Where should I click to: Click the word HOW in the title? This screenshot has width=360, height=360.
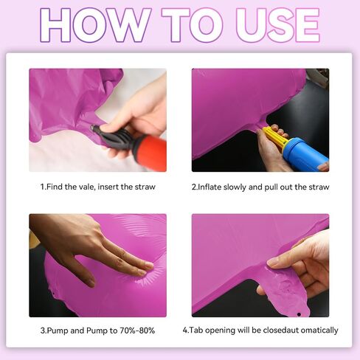(95, 25)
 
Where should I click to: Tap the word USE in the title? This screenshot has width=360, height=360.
(277, 25)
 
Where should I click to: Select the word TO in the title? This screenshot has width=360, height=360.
(192, 25)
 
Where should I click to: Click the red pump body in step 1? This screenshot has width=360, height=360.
(149, 153)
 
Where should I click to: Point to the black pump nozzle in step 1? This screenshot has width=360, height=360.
(113, 137)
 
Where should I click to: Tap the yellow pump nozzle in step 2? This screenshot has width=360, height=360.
(275, 137)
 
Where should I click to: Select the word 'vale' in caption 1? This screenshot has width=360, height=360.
(86, 187)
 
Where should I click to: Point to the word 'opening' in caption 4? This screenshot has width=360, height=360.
(220, 330)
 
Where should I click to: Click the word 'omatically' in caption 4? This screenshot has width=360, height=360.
(319, 330)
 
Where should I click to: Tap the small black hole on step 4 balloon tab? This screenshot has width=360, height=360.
(299, 314)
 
